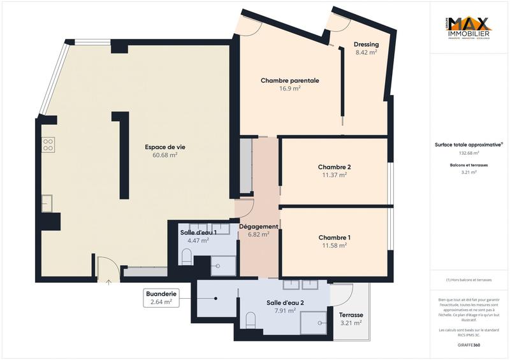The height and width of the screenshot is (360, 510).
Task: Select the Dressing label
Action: coord(367,45)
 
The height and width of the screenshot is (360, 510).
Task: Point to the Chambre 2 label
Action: coord(335,167)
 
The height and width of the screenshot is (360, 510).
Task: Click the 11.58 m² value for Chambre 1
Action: coord(335,245)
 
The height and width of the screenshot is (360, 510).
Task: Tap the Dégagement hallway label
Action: coord(258,226)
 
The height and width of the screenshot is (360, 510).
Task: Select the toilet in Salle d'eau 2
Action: coord(251,320)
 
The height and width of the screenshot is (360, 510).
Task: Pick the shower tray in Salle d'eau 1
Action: coord(223,265)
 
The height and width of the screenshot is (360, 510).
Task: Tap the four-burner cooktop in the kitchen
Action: coord(48,145)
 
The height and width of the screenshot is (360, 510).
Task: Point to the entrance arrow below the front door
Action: coord(108,281)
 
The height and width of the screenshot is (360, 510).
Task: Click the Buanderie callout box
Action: coord(161,298)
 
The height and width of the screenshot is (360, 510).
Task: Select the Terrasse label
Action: coord(351,315)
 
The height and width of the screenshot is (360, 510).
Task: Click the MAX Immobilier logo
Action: coord(469,29)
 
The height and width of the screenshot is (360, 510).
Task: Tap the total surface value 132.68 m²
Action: coord(469,153)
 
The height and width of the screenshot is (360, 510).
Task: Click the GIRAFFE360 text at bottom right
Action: coord(469,345)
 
